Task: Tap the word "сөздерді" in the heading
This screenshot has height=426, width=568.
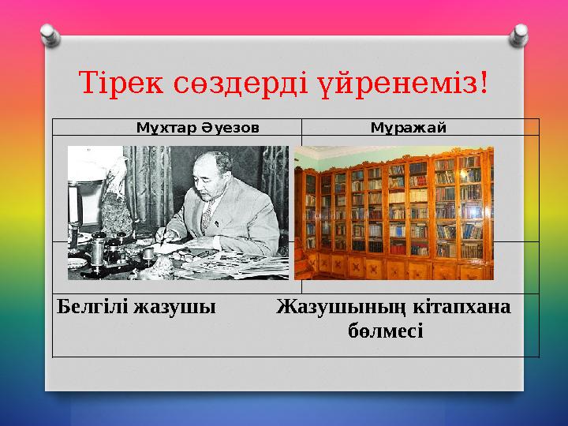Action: pos(241,81)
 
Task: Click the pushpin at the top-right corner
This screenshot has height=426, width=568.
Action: pos(520,33)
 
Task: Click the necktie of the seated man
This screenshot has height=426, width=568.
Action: pos(207,221)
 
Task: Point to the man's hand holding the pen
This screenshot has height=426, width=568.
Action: pos(167,235)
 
